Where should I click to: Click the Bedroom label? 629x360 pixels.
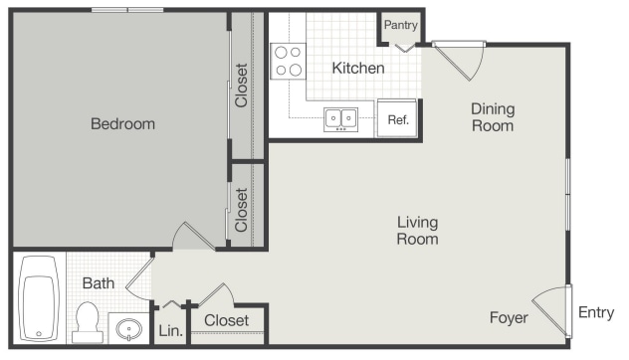[122, 124]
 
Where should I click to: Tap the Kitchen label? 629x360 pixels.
[357, 69]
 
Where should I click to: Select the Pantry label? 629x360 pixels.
[400, 26]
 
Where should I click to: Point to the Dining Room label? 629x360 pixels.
[492, 117]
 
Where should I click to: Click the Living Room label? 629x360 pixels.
[417, 231]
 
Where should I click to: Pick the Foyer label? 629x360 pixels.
[508, 317]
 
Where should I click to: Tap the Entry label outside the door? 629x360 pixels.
[596, 313]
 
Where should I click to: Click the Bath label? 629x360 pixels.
[98, 283]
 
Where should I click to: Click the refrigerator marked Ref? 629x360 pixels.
[398, 119]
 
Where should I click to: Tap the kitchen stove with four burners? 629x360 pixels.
[289, 61]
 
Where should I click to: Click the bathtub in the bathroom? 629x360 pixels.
[41, 296]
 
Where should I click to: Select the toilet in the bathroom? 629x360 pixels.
[87, 321]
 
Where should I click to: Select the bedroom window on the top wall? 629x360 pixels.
[126, 11]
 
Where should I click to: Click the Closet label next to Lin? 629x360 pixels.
[226, 321]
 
